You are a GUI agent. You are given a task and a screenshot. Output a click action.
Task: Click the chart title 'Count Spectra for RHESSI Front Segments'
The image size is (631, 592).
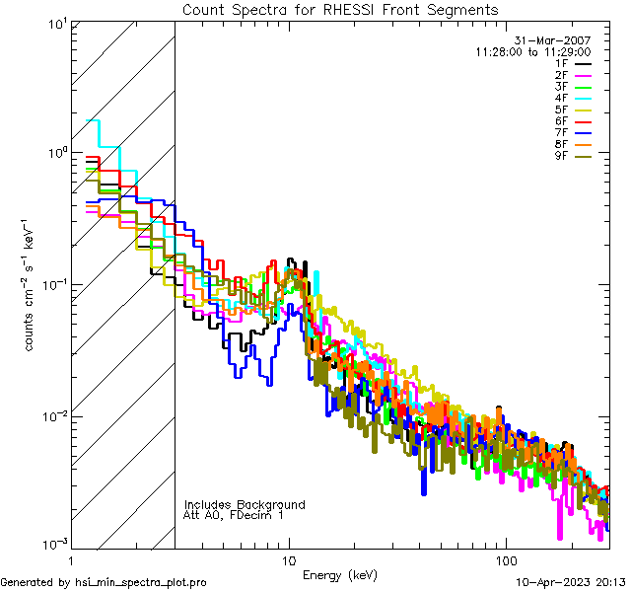click(340, 10)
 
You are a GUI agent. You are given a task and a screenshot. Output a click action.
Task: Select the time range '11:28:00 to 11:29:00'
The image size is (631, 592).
click(532, 51)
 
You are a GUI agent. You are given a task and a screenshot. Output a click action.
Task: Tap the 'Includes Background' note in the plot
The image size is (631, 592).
click(245, 504)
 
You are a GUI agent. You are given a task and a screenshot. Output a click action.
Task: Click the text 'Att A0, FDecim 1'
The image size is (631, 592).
click(234, 515)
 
